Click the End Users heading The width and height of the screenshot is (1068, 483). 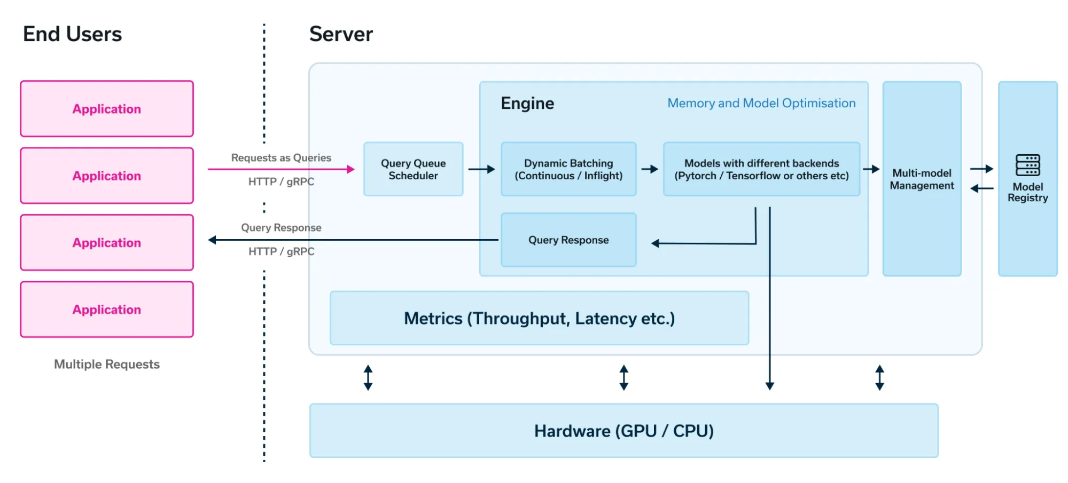(72, 34)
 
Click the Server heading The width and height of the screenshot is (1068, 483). (341, 34)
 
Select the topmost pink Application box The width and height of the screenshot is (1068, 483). (107, 109)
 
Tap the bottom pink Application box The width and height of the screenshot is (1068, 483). (107, 310)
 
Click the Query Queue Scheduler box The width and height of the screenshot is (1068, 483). (413, 169)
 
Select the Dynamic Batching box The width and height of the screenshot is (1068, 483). (568, 169)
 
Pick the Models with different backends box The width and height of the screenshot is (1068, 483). (761, 169)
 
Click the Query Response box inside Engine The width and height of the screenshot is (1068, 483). (568, 240)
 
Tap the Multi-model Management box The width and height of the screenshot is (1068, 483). (922, 179)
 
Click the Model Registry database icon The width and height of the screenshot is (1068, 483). (1027, 165)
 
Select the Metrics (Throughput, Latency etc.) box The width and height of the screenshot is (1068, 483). (539, 318)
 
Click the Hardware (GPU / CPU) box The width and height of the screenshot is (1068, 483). (623, 431)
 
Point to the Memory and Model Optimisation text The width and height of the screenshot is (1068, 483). (761, 103)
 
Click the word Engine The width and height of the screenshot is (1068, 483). (527, 103)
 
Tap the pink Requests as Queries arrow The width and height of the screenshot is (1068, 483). (280, 169)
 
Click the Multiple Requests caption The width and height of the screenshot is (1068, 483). (107, 364)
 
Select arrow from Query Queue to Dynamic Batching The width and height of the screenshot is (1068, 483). (481, 169)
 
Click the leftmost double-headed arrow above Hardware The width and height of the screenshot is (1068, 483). (368, 377)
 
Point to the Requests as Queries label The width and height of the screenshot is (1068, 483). (281, 157)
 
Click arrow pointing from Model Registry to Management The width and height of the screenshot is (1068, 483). (981, 188)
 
